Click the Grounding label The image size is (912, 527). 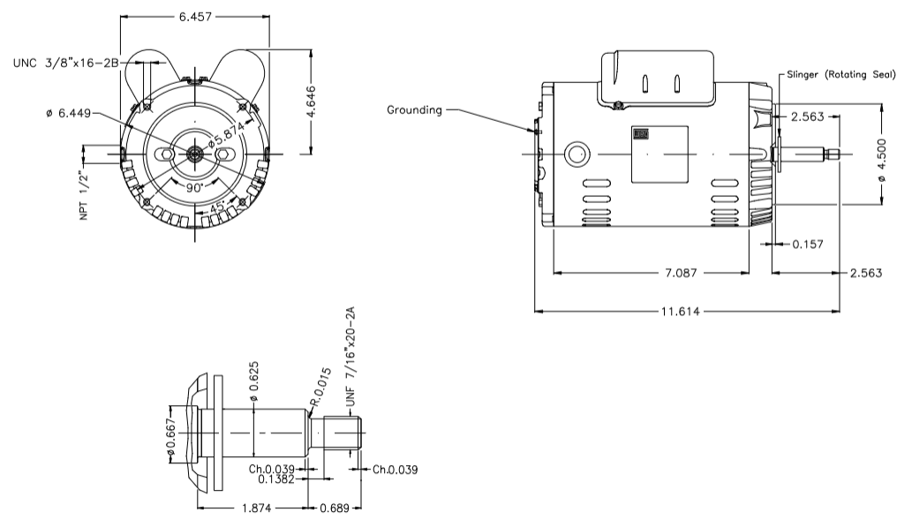point(414,110)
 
